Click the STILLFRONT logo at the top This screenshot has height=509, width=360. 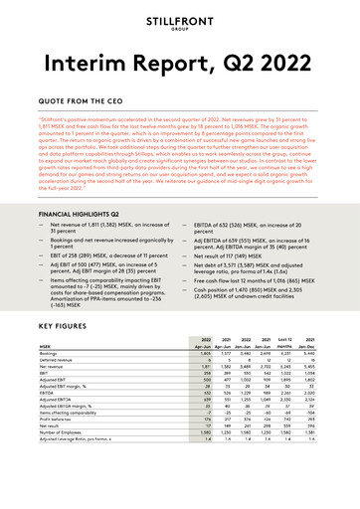pyautogui.click(x=179, y=22)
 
